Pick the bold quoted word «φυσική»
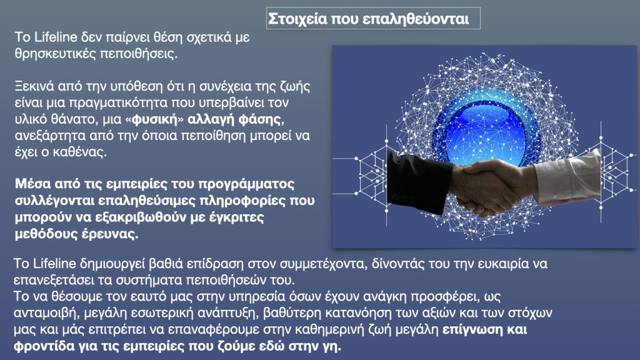click(x=155, y=119)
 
